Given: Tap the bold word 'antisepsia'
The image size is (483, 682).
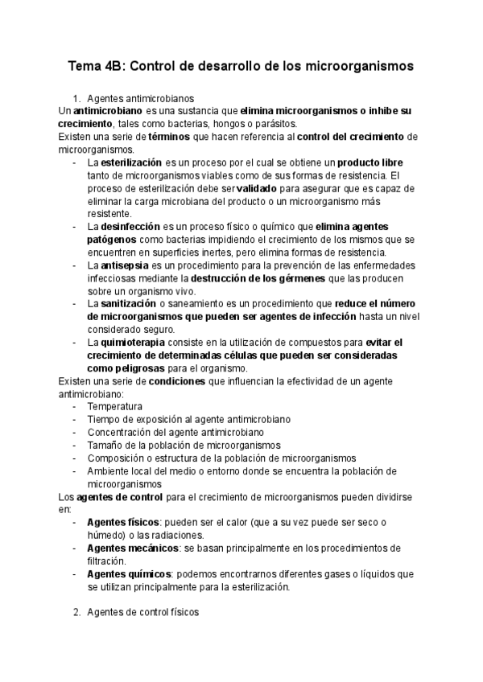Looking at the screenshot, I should coord(126,265).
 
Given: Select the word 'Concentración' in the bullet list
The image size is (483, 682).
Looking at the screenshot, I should coord(120,433).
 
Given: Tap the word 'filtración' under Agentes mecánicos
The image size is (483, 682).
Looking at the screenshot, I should coord(106,561).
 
